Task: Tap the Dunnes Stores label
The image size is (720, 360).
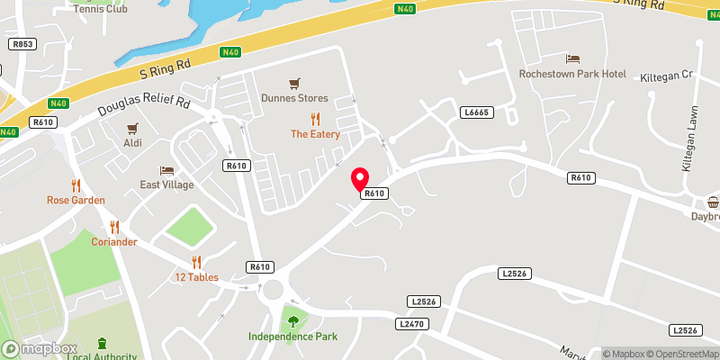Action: click(x=294, y=98)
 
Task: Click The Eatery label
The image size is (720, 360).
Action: click(x=315, y=134)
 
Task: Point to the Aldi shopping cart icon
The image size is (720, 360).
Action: click(x=133, y=128)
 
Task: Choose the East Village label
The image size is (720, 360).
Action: click(x=166, y=184)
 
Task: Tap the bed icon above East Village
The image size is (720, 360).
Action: click(x=166, y=170)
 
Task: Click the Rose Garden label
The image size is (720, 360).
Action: click(x=76, y=200)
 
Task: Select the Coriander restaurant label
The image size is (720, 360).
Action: click(x=113, y=242)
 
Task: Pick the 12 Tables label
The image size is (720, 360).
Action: click(x=196, y=277)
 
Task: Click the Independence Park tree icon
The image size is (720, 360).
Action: click(x=292, y=319)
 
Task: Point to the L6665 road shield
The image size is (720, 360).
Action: click(x=476, y=112)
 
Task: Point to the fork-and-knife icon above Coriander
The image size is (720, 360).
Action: click(x=114, y=228)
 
